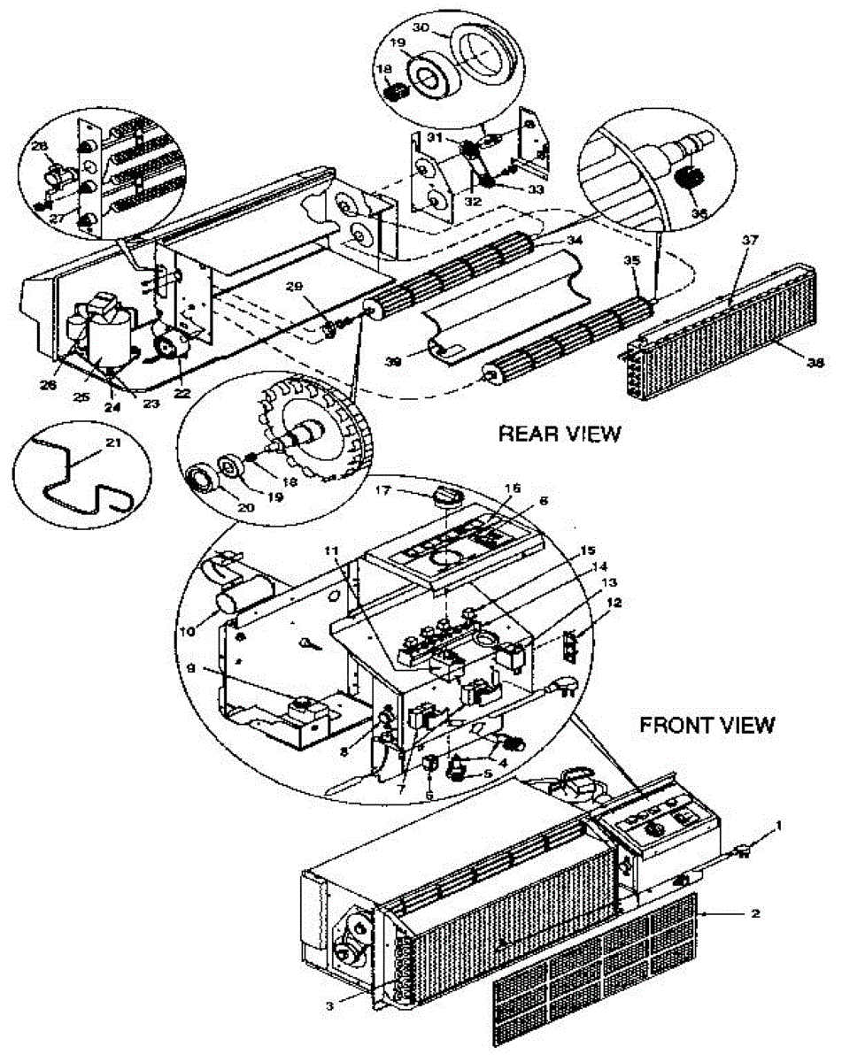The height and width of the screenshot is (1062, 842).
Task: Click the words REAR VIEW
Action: tap(560, 434)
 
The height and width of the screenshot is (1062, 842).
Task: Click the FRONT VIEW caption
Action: tap(707, 726)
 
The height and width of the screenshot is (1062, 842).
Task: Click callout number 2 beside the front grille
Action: tap(753, 912)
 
